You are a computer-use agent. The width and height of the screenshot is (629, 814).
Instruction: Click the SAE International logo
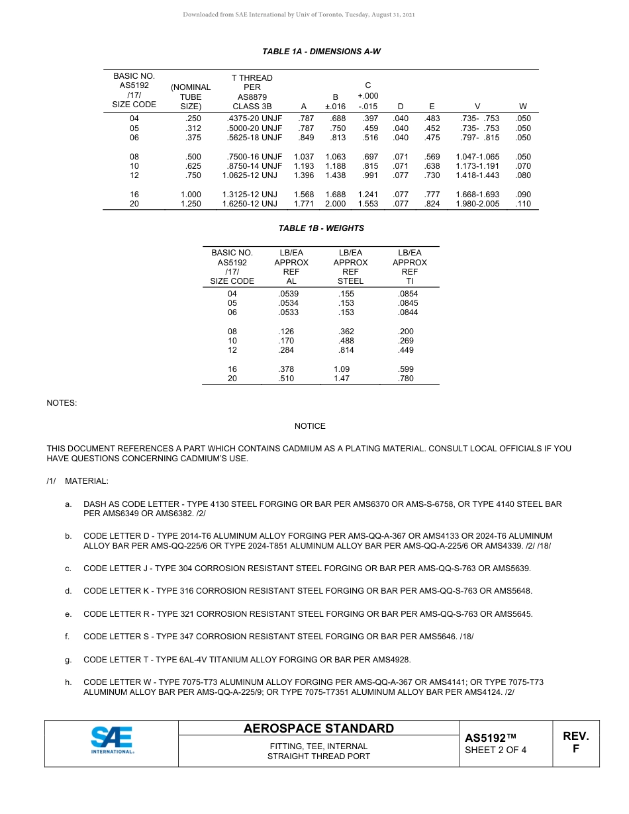click(112, 741)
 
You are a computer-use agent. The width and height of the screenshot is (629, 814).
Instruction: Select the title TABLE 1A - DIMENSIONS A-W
click(321, 51)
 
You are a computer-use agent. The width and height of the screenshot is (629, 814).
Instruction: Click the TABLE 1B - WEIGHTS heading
click(321, 228)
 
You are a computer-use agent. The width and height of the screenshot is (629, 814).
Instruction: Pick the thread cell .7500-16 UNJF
click(252, 157)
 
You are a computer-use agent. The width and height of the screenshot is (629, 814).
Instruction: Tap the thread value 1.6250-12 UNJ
click(250, 204)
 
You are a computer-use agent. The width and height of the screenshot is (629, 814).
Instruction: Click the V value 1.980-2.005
click(477, 204)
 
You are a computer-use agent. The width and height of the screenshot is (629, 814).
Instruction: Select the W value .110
click(523, 204)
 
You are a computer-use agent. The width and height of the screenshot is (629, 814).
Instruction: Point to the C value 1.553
click(368, 204)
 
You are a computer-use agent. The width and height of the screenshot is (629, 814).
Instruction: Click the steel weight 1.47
click(342, 379)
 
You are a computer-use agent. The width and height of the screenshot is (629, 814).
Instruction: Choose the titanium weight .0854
click(408, 294)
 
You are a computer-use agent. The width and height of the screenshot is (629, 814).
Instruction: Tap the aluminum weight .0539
click(289, 294)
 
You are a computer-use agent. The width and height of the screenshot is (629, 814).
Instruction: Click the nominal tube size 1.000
click(191, 195)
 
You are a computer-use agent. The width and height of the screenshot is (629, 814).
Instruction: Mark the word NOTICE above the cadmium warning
click(310, 426)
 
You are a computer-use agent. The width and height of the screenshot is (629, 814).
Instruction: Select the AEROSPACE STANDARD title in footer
click(318, 729)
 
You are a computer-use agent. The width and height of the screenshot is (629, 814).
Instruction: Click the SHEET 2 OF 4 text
click(496, 750)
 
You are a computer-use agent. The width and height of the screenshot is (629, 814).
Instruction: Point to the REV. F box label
click(575, 743)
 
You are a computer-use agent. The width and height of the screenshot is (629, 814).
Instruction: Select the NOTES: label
click(62, 402)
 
